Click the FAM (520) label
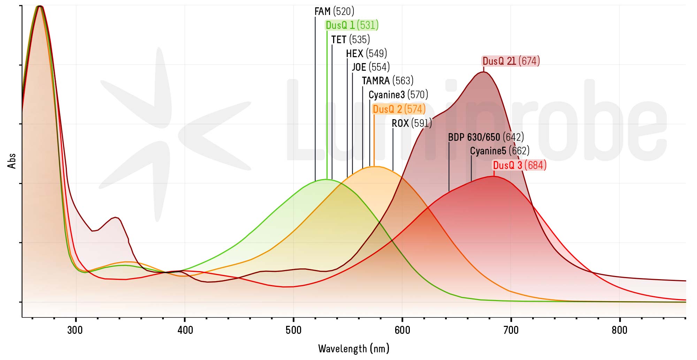pyautogui.click(x=334, y=12)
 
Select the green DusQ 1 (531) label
pyautogui.click(x=352, y=25)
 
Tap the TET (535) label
pyautogui.click(x=350, y=39)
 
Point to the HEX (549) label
pyautogui.click(x=366, y=53)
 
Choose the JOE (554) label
pyautogui.click(x=370, y=67)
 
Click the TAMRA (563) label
pyautogui.click(x=388, y=81)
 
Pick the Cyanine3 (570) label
pyautogui.click(x=398, y=95)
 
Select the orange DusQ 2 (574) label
pyautogui.click(x=399, y=109)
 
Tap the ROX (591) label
pyautogui.click(x=412, y=123)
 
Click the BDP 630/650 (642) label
pyautogui.click(x=486, y=137)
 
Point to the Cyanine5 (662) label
pyautogui.click(x=500, y=151)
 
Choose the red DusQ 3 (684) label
pyautogui.click(x=519, y=165)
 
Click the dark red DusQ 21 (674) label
pyautogui.click(x=511, y=61)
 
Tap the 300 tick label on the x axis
pyautogui.click(x=75, y=330)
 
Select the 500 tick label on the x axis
pyautogui.click(x=293, y=330)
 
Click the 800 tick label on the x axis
pyautogui.click(x=620, y=330)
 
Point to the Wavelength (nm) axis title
pyautogui.click(x=354, y=348)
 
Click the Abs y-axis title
pyautogui.click(x=12, y=161)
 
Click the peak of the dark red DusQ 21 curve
pyautogui.click(x=483, y=72)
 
